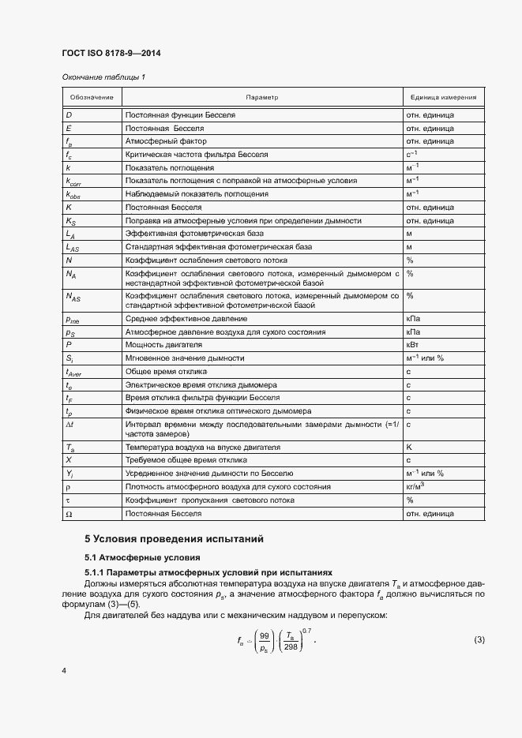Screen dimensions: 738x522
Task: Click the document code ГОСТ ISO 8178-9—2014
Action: pyautogui.click(x=111, y=54)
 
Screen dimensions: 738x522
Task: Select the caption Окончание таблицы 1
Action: pyautogui.click(x=103, y=77)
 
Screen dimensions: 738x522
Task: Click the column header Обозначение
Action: pyautogui.click(x=91, y=97)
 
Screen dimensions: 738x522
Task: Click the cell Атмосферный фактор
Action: pyautogui.click(x=161, y=141)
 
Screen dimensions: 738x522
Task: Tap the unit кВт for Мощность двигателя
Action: pyautogui.click(x=411, y=345)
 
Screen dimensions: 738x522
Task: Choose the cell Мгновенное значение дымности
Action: pyautogui.click(x=185, y=358)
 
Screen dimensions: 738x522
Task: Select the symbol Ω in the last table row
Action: pyautogui.click(x=69, y=514)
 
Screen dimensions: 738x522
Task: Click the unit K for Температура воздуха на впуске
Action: pyautogui.click(x=409, y=446)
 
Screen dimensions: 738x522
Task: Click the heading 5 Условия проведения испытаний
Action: pyautogui.click(x=174, y=539)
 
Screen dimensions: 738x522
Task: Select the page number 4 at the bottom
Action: pyautogui.click(x=63, y=670)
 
